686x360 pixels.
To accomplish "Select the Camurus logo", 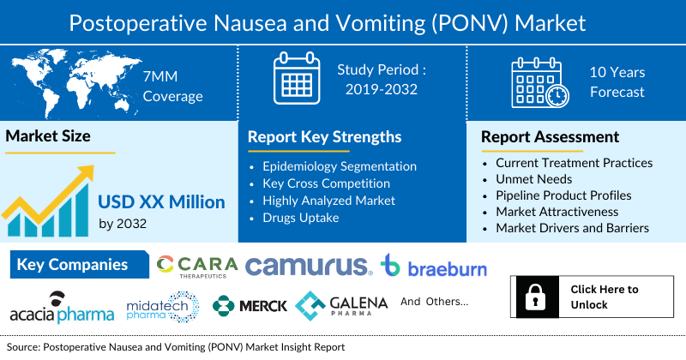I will pos(309,267).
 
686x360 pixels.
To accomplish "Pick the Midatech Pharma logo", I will pos(163,307).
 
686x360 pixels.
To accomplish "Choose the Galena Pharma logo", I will pos(341,305).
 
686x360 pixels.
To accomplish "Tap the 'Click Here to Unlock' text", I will pos(605,297).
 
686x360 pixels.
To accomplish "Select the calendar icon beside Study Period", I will pos(296,80).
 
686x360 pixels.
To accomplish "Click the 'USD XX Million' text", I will pos(161,202).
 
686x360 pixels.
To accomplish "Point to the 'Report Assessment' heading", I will pos(549,137).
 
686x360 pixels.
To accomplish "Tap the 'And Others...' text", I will pos(435,302).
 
